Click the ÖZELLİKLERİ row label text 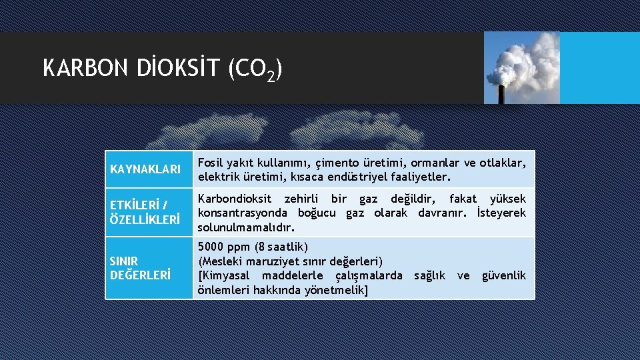click(x=145, y=219)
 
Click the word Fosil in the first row click(x=212, y=163)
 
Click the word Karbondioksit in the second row click(x=235, y=199)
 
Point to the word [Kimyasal click(x=225, y=275)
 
